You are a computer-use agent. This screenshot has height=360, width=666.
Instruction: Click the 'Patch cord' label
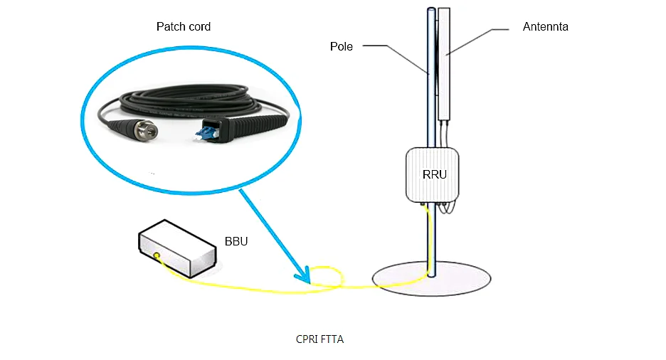pos(184,27)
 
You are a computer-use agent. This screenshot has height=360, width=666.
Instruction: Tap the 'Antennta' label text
pos(545,27)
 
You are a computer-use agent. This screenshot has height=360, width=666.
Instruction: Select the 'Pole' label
pos(341,46)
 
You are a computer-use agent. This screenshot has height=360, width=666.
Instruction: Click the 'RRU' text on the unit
pos(435,174)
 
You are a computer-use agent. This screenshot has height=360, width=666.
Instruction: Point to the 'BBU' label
pos(236,242)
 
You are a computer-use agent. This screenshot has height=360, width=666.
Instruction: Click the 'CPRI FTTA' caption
pos(319,339)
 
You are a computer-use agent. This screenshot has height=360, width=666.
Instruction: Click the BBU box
pos(178,249)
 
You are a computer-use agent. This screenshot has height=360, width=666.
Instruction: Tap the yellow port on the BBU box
pos(157,255)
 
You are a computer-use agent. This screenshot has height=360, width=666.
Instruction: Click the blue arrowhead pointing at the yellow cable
pos(304,276)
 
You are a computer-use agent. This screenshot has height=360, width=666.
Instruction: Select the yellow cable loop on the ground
pos(326,277)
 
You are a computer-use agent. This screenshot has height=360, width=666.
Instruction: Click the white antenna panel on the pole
pos(444,64)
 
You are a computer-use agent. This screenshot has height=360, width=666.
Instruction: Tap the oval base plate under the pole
pos(431,279)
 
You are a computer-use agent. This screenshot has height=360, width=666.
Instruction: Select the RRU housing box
pos(433,175)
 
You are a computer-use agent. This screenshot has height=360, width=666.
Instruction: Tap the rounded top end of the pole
pos(431,9)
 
